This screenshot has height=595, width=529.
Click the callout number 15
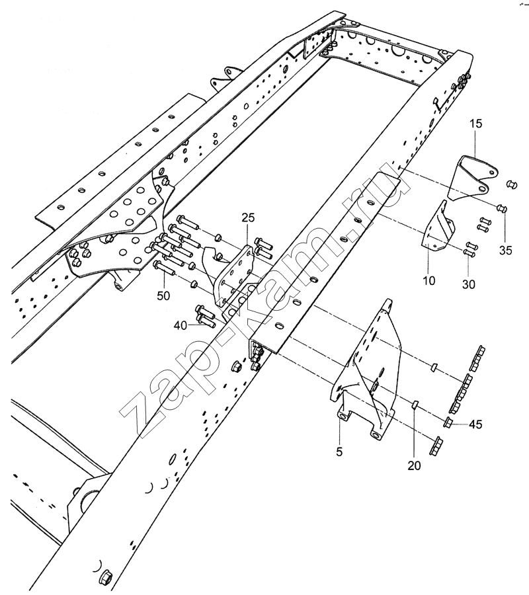tap(477, 124)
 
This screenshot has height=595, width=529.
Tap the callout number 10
tap(429, 280)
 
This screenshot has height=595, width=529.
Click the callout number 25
tap(247, 218)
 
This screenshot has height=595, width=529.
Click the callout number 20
tap(415, 465)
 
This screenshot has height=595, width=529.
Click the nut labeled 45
tap(448, 422)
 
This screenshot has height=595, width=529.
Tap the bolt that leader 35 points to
tap(501, 210)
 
